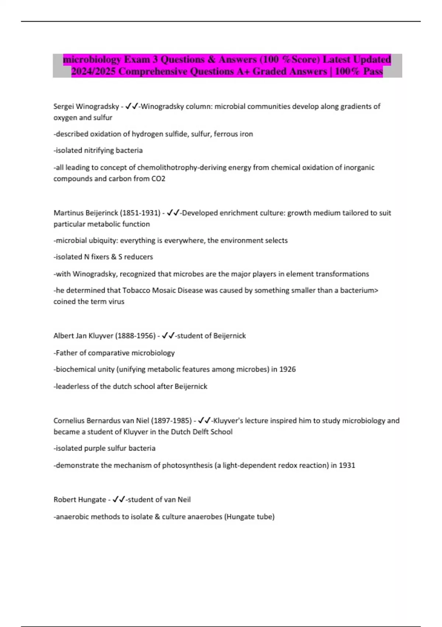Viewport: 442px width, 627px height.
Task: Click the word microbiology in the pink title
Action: click(x=92, y=59)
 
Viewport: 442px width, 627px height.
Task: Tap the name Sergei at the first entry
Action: click(x=63, y=107)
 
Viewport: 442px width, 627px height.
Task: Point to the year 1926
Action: click(x=287, y=369)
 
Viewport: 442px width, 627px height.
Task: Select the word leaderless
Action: click(x=72, y=387)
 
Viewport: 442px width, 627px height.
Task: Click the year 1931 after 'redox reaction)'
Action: click(x=347, y=465)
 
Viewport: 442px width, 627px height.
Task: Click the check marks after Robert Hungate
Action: click(x=119, y=500)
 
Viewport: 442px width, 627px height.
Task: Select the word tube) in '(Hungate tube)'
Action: click(x=266, y=517)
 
